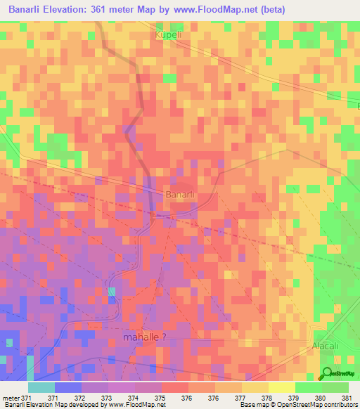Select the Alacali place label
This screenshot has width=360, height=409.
[x=325, y=347]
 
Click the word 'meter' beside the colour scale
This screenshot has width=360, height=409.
[x=11, y=398]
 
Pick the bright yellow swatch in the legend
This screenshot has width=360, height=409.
[x=282, y=387]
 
